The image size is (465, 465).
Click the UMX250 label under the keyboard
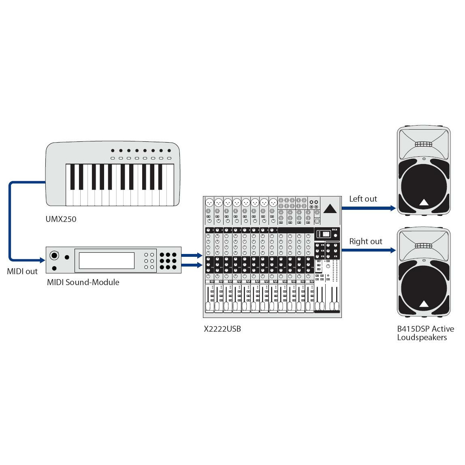(61, 219)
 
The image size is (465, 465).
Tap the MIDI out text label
(22, 271)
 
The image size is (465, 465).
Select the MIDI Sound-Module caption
(83, 282)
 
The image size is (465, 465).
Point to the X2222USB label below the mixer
(222, 329)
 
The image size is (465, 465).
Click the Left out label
(363, 199)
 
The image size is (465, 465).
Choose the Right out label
(365, 241)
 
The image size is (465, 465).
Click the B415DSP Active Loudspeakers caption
(425, 333)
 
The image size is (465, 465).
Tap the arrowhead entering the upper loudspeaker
(392, 208)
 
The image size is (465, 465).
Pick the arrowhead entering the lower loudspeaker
(392, 251)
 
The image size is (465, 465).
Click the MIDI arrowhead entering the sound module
(42, 260)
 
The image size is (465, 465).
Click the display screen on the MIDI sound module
(107, 260)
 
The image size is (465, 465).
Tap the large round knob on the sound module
(54, 256)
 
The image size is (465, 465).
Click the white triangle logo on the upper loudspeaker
(424, 203)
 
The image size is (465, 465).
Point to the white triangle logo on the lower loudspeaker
(424, 304)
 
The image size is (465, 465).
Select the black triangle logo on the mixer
(330, 209)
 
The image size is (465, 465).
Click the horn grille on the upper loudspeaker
(423, 144)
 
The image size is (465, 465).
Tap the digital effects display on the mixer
(324, 234)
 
